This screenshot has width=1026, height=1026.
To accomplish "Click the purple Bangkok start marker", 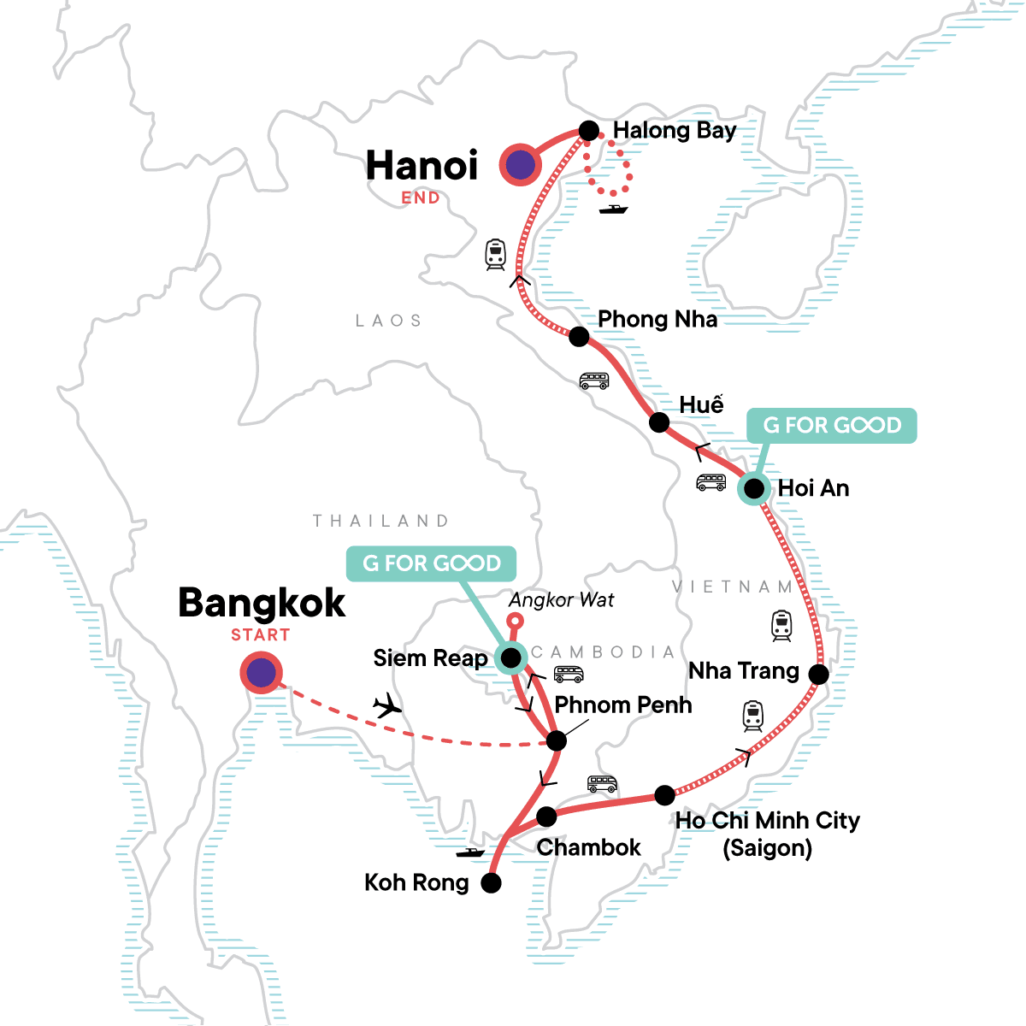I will click(x=261, y=674).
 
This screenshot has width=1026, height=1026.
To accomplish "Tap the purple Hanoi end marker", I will click(x=521, y=164).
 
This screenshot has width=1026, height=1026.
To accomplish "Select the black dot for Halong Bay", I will click(x=589, y=131).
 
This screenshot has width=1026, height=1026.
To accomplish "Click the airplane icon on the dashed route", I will click(x=387, y=705).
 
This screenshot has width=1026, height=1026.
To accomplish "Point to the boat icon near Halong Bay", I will click(x=613, y=208).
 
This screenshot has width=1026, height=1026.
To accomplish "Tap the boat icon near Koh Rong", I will click(x=470, y=852).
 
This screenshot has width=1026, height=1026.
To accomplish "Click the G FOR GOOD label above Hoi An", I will click(x=831, y=425).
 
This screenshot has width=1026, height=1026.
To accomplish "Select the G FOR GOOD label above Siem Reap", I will click(x=431, y=563).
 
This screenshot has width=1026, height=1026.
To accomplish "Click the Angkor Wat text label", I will click(x=561, y=600).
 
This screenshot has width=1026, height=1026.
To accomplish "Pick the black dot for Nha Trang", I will click(x=818, y=675).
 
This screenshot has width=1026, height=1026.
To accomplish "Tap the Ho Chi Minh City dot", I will click(x=664, y=795).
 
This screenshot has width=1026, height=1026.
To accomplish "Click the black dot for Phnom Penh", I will click(x=556, y=740).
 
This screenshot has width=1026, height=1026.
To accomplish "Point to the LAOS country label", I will click(x=389, y=321).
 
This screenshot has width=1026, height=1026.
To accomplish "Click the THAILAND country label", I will click(x=380, y=521).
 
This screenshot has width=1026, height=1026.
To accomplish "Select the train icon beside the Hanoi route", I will click(x=495, y=254).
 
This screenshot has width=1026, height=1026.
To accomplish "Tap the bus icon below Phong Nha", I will click(x=593, y=380).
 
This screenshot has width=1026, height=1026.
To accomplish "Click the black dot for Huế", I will click(x=659, y=422).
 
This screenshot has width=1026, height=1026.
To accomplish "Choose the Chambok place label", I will click(x=588, y=847).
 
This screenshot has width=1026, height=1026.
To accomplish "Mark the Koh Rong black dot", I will click(x=491, y=883).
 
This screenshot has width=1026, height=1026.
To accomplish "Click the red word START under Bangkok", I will click(x=260, y=635).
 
